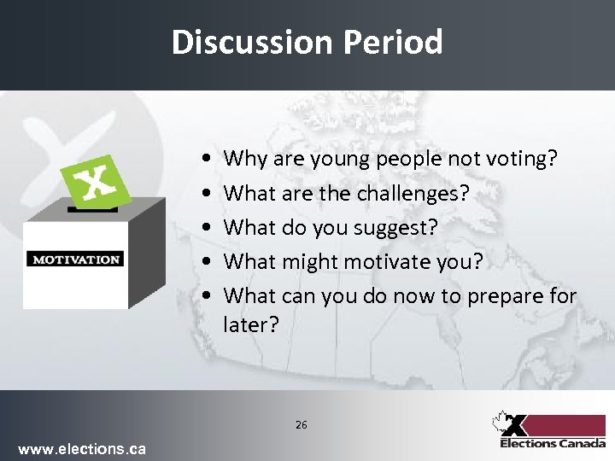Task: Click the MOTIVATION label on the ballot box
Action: (x=76, y=259)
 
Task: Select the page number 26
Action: (x=301, y=424)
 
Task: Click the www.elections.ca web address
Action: (x=82, y=448)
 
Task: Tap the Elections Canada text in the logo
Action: (x=552, y=443)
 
